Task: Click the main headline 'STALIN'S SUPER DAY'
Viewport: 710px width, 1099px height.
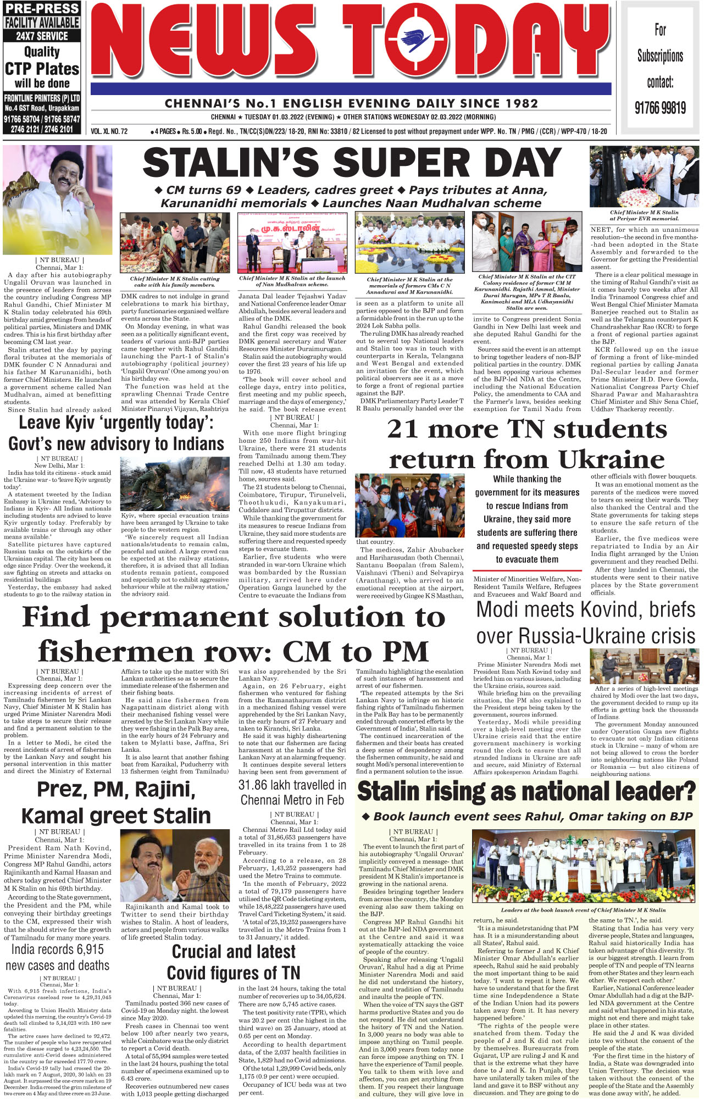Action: coord(352,164)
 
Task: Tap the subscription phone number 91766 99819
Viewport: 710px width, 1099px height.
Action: coord(660,108)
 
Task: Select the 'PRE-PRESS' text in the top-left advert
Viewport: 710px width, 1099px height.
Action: coord(42,9)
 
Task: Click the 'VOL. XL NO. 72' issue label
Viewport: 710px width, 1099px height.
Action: coord(109,132)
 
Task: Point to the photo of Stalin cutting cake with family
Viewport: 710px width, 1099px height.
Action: coord(175,243)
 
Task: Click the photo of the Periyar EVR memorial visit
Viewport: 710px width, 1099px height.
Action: coord(644,176)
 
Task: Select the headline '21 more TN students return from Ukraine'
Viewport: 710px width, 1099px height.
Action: coord(526,444)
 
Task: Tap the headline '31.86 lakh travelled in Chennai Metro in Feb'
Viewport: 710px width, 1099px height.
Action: coord(292,792)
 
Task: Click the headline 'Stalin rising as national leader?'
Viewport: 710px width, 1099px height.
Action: coord(526,791)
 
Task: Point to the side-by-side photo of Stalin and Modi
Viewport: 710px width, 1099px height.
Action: coord(175,865)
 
